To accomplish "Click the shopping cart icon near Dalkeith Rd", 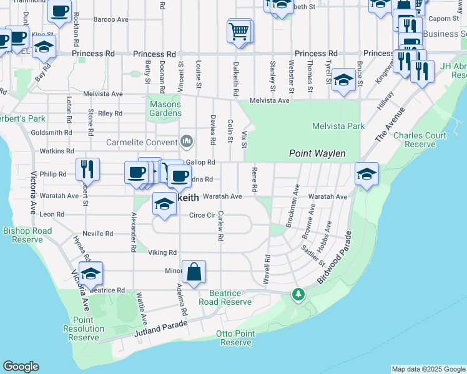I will pos(240,31).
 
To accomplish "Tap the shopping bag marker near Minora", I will pos(194,272).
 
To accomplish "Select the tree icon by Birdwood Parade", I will pos(299,294).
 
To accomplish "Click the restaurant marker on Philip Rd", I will pos(87,170).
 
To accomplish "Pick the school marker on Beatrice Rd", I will pos(91,274).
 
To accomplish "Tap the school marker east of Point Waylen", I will pos(366,175).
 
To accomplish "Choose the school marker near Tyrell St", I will pos(343,80).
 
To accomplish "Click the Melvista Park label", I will pos(338,126).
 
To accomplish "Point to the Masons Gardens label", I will pos(165,108).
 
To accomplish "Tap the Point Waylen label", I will pos(317,153).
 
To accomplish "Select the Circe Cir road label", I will pos(202,216).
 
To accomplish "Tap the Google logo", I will pos(21,367).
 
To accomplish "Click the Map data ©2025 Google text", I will pos(428,369).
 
